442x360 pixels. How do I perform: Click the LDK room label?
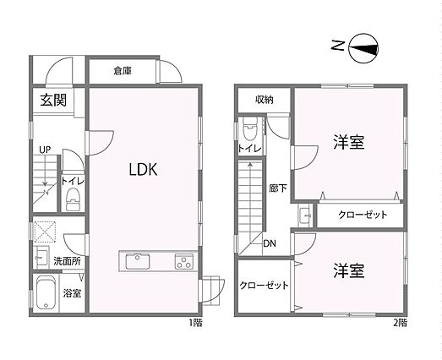(143, 169)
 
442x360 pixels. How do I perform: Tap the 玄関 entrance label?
(53, 100)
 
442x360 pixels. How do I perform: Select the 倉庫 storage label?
(123, 70)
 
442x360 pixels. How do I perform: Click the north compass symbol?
(363, 48)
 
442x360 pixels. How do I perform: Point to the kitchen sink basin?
(138, 261)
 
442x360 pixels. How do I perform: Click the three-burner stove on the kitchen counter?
(184, 261)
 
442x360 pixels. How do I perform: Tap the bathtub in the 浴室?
(46, 292)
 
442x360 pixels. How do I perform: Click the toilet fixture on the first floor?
(74, 199)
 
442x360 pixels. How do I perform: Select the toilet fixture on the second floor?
(250, 128)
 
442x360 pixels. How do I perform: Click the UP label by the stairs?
(45, 150)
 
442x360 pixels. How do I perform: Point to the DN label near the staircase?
(270, 243)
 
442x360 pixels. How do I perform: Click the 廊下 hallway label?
(278, 188)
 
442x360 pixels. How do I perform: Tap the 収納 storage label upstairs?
(265, 100)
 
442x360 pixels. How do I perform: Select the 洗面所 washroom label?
(67, 261)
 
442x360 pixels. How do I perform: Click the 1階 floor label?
(195, 322)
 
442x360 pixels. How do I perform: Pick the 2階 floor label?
(401, 322)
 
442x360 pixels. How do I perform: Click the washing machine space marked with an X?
(45, 232)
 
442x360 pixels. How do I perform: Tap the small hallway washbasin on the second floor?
(305, 215)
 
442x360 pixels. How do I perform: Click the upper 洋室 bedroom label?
(349, 142)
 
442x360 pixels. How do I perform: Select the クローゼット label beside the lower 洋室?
(264, 286)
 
